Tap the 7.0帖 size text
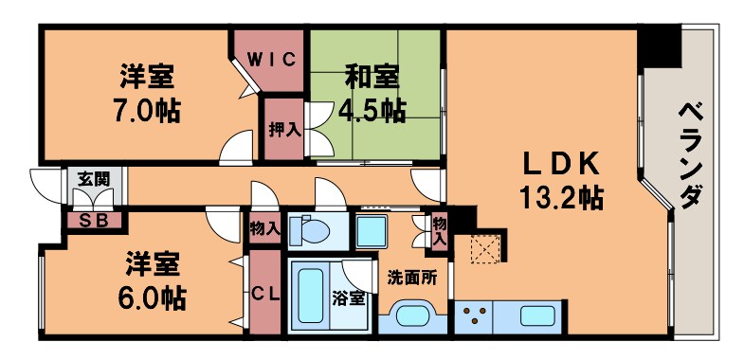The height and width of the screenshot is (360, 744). pos(147,109)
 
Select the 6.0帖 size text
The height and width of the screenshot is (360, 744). pos(152,298)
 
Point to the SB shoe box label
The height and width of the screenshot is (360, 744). pos(93,221)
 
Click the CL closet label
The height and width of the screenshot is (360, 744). pos(264,295)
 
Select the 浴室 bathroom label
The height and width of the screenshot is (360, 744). pos(348,298)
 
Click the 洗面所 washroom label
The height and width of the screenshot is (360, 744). pos(411,278)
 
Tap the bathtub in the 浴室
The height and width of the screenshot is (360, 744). pos(310,296)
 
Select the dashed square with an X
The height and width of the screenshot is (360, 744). pos(487,249)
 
